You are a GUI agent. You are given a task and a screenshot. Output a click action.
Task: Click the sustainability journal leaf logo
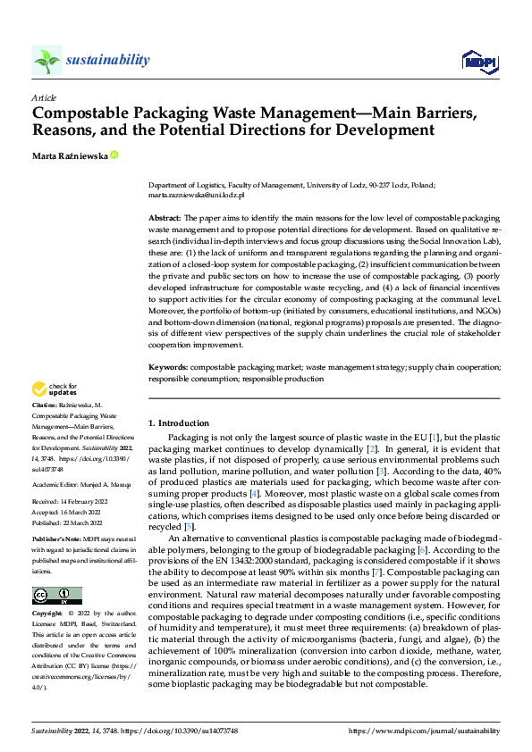coord(46,60)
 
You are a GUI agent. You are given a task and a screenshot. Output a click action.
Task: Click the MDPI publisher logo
coord(477,60)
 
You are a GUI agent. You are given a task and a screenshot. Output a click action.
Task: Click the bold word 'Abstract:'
coord(165,218)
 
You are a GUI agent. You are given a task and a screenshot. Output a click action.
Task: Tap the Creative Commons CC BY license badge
coord(56,596)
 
